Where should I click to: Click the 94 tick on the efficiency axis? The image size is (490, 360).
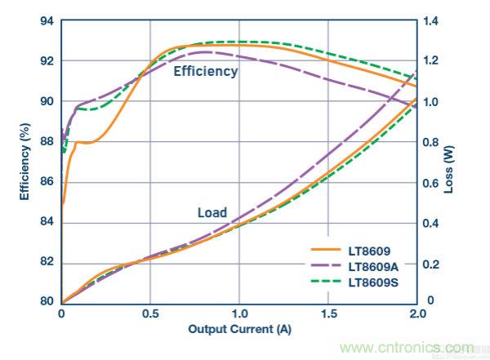(x=46, y=20)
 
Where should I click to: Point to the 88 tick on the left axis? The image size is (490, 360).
(x=46, y=141)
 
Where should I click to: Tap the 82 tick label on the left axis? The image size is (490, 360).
(x=46, y=262)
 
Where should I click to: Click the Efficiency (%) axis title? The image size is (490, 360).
(x=24, y=162)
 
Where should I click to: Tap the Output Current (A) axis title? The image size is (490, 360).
(x=239, y=330)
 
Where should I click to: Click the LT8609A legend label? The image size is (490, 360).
(x=375, y=267)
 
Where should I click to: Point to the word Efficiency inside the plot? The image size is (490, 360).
(x=206, y=72)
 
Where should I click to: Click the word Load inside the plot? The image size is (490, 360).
(x=212, y=214)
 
